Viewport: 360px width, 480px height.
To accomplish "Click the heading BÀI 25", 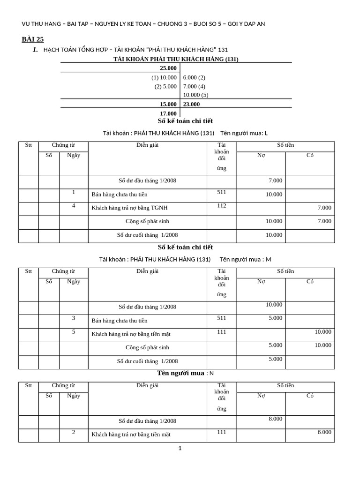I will (x=33, y=39).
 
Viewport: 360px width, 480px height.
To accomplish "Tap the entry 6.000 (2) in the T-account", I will (x=194, y=77).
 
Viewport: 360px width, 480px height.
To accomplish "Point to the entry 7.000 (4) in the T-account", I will (x=194, y=86).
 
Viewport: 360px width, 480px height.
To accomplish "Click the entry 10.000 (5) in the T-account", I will (x=195, y=95).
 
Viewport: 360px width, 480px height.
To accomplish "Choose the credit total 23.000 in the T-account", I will (x=191, y=104).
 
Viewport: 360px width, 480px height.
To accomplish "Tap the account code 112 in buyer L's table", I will (x=222, y=205).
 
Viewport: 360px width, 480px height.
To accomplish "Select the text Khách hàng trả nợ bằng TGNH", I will (x=129, y=208).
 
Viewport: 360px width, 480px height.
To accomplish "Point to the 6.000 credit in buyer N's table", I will (x=324, y=432).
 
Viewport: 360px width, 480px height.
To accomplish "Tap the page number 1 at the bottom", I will (x=180, y=449).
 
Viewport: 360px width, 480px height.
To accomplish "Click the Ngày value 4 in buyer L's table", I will (x=74, y=205).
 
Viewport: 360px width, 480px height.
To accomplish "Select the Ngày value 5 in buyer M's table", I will (x=74, y=332).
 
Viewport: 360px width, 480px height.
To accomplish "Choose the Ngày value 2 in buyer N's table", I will (x=74, y=432).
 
